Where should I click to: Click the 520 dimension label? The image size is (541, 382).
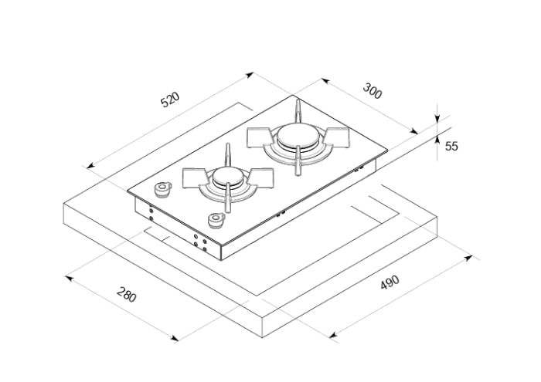tap(169, 101)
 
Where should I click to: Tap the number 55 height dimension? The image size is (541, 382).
tap(452, 146)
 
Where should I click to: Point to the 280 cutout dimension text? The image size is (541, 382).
tap(127, 294)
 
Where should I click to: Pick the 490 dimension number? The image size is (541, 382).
tap(391, 282)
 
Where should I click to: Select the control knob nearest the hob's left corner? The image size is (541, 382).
tap(162, 190)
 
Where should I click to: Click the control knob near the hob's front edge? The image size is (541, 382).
tap(215, 221)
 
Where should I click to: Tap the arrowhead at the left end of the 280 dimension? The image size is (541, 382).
tap(66, 275)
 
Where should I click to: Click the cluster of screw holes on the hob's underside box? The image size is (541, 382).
tap(199, 242)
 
